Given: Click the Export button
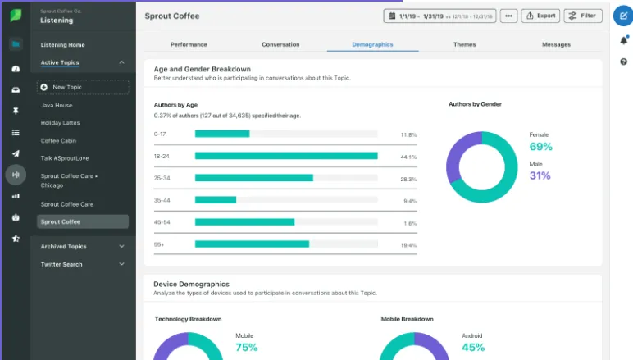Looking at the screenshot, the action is coord(540,16).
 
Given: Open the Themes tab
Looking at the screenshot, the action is coord(464,44).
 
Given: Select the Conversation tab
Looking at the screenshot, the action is coord(280,44).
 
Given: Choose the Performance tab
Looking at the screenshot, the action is coord(189,44).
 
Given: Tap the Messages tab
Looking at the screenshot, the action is coord(556,44).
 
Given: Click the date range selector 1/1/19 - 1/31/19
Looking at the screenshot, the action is coord(439,16).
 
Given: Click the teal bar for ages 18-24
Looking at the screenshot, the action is coord(286,156).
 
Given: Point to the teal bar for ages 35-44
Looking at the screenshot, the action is coord(216,200).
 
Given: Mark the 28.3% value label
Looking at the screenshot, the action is coord(408,180).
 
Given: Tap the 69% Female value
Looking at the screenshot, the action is coord(540,147).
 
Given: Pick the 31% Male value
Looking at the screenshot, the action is coord(540,175).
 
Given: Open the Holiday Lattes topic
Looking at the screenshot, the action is coord(60,123).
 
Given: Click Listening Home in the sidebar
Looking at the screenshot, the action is coord(62,45).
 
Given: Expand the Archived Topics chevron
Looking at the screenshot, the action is coord(121,246).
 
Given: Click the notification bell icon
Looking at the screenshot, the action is coord(624,40).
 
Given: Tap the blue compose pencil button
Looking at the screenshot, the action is coord(623,16).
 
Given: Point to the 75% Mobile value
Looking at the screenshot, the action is coord(246,347).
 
